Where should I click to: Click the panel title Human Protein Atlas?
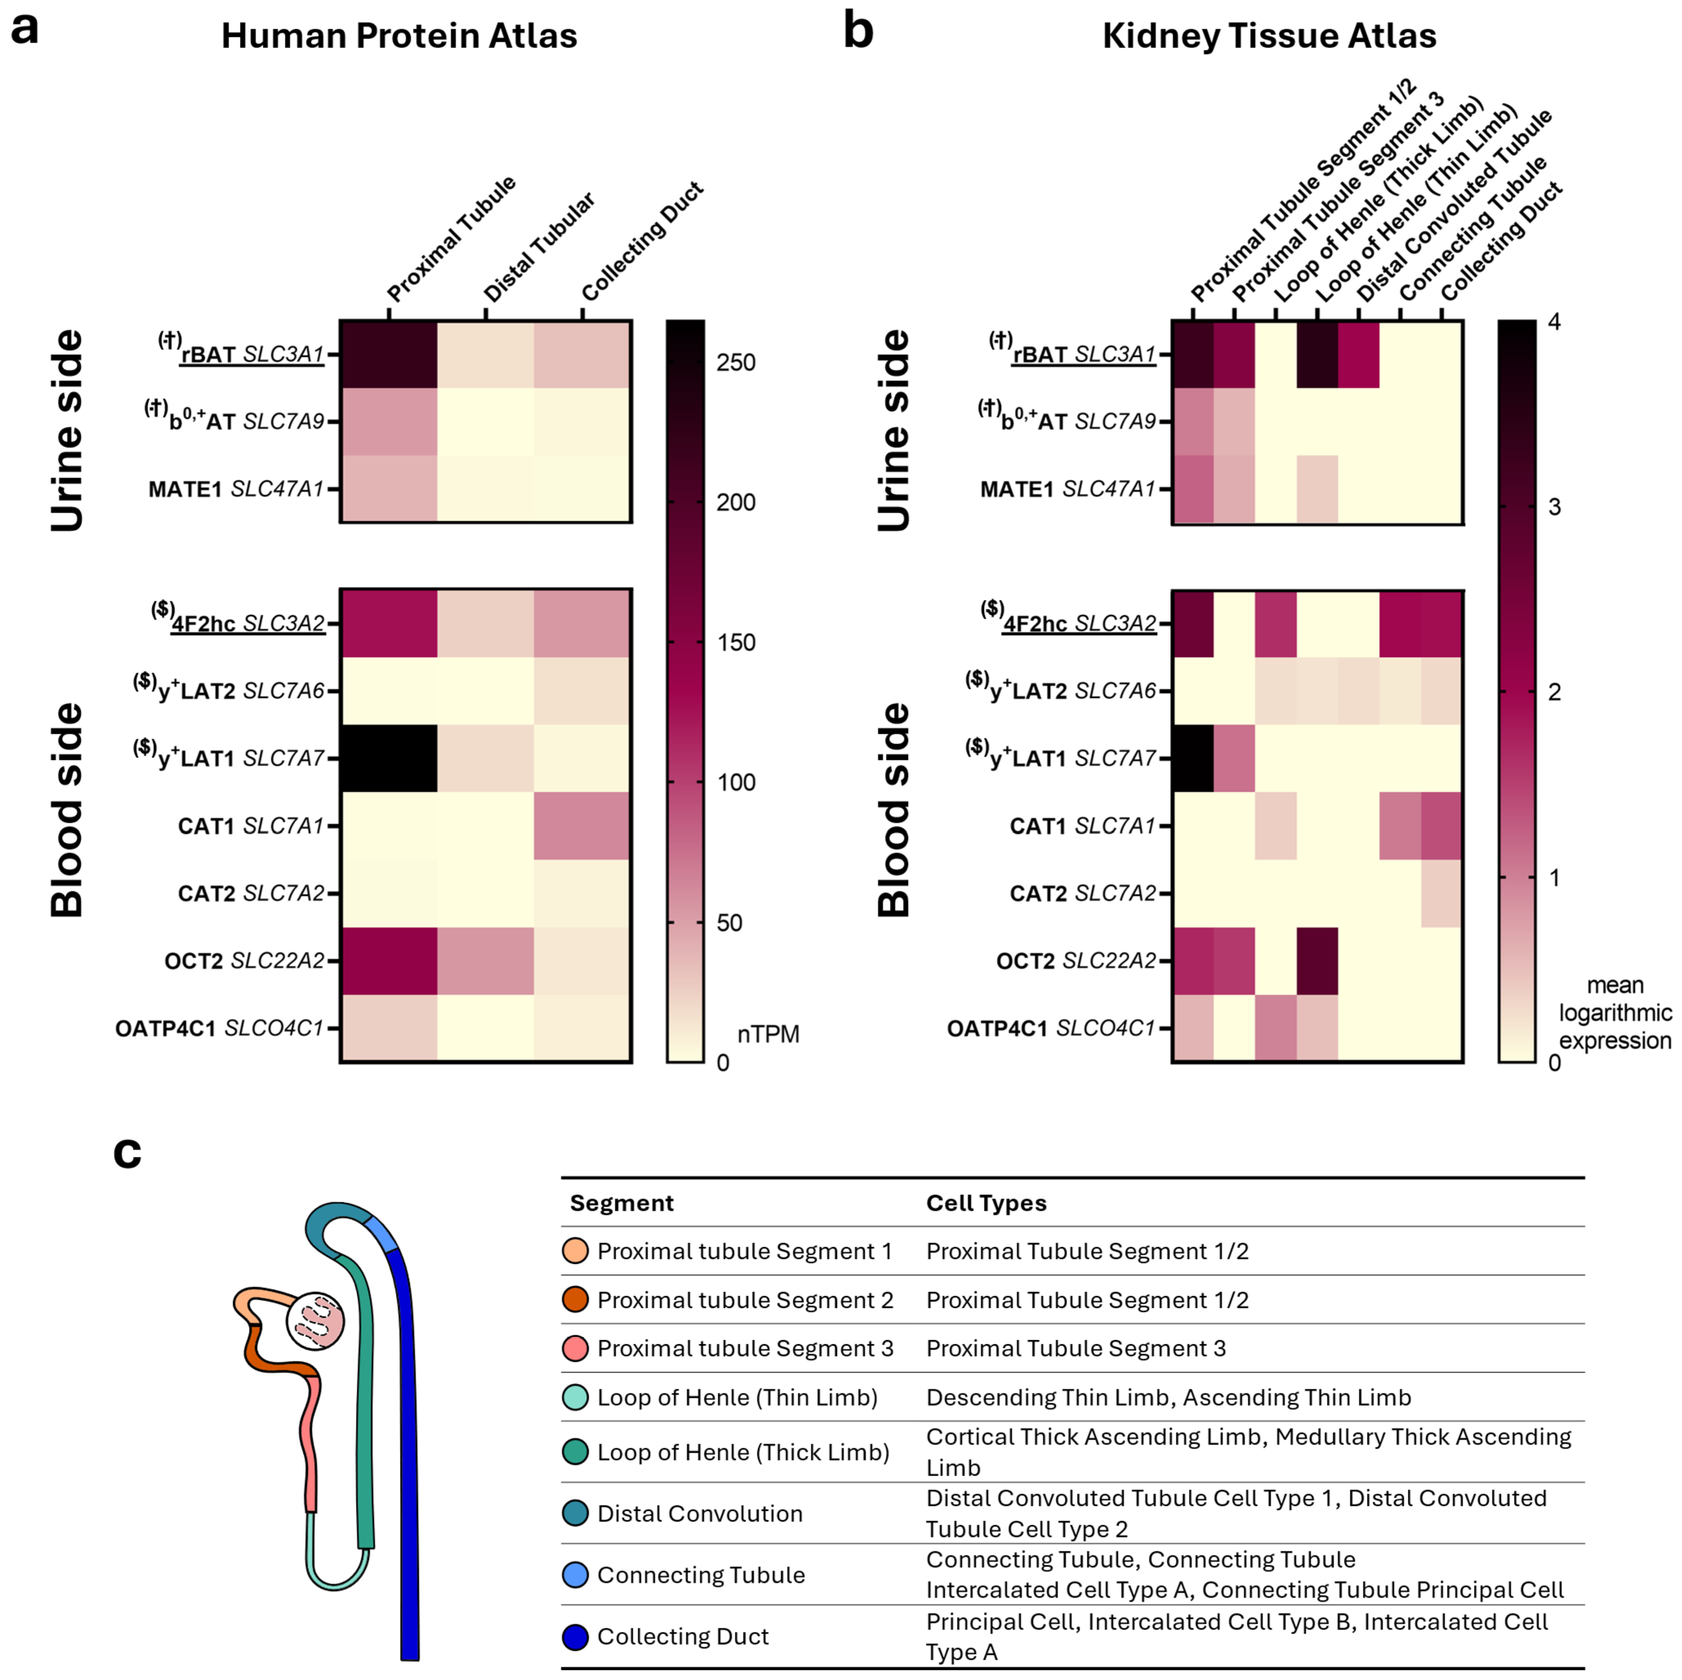(x=399, y=36)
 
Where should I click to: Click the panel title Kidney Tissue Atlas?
(x=1268, y=36)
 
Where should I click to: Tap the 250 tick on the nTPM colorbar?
(x=736, y=362)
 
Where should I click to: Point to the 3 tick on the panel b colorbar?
(x=1554, y=507)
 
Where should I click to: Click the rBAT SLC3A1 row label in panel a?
(x=251, y=354)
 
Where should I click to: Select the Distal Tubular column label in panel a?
(x=539, y=248)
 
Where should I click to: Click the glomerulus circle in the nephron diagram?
(x=315, y=1320)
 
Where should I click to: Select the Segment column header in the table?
(x=622, y=1203)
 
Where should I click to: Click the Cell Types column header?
(x=986, y=1203)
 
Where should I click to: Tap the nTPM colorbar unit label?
(x=768, y=1034)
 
